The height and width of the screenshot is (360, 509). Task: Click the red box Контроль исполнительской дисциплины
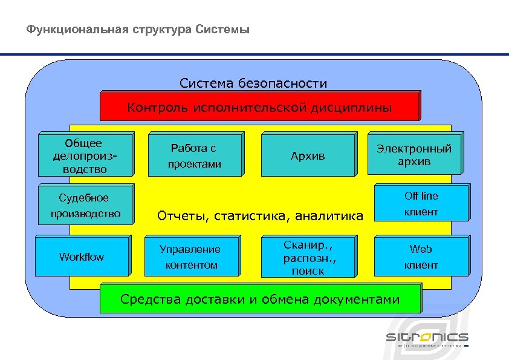click(259, 108)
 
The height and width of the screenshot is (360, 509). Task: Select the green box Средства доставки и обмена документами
click(260, 299)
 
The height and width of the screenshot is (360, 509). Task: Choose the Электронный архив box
click(414, 155)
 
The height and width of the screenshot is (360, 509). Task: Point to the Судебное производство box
click(85, 206)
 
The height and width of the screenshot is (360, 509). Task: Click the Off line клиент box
click(421, 204)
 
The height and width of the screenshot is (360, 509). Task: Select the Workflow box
click(82, 257)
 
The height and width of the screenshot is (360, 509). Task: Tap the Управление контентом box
click(190, 257)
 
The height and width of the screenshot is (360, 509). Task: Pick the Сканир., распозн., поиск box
click(308, 257)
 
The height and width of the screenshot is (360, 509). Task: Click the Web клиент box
click(421, 257)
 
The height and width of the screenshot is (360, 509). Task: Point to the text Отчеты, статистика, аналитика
click(260, 215)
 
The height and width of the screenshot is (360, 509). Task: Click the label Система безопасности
click(253, 83)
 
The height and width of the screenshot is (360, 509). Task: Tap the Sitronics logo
click(427, 338)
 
